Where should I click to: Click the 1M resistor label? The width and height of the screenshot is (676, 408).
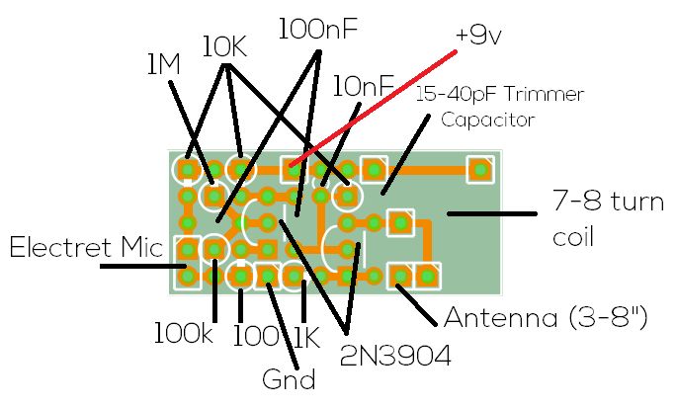(162, 65)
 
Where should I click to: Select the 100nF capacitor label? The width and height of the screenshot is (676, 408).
(317, 29)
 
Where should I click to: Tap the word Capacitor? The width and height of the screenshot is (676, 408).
(487, 121)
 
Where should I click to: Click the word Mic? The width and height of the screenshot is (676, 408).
(140, 247)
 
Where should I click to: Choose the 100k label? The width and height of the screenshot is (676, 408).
(184, 333)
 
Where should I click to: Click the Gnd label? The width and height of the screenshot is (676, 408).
(289, 378)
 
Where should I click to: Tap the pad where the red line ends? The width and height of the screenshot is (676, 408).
(294, 170)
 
